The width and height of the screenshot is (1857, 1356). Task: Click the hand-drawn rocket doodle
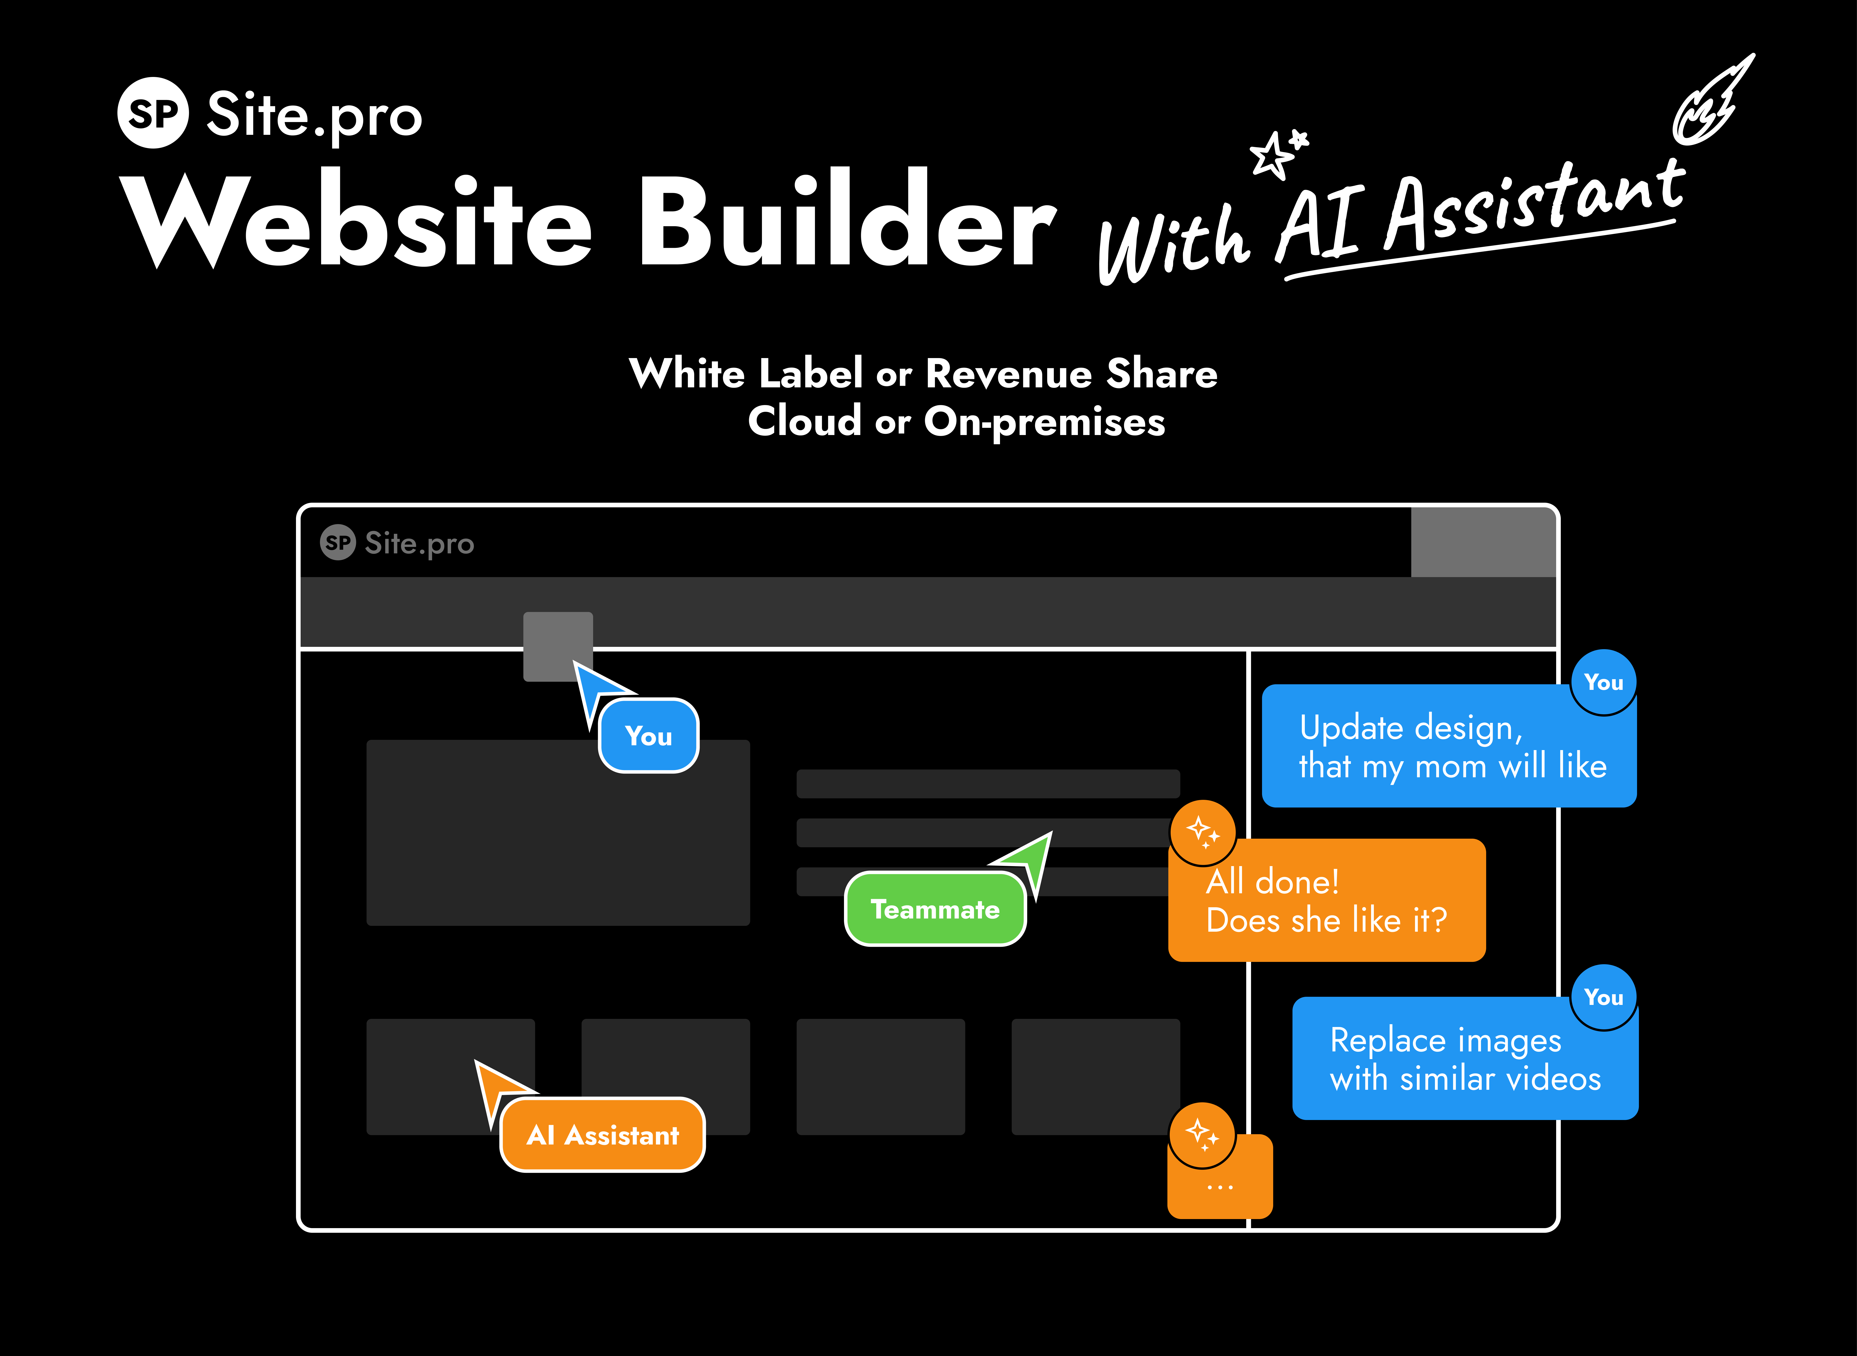(1713, 100)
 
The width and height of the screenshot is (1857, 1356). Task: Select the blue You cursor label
(648, 735)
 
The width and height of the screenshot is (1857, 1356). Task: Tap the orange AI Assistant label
(602, 1135)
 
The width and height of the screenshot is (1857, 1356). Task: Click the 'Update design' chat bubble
(1449, 745)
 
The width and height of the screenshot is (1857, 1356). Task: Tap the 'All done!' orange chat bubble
(1327, 900)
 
